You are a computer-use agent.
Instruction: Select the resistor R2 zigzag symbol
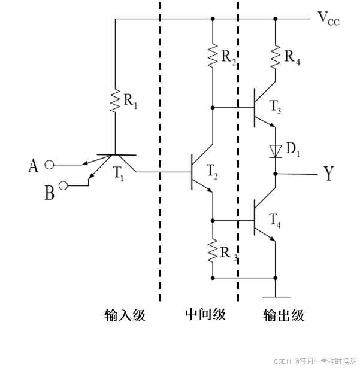213,54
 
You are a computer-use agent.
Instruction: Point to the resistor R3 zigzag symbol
213,252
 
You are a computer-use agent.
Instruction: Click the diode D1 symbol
276,150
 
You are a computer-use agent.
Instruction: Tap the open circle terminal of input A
50,164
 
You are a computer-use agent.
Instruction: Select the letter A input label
34,166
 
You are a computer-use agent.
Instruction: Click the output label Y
329,174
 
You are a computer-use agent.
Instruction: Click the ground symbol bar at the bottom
276,297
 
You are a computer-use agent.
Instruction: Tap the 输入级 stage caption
125,315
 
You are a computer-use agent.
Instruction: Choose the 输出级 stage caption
283,315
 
